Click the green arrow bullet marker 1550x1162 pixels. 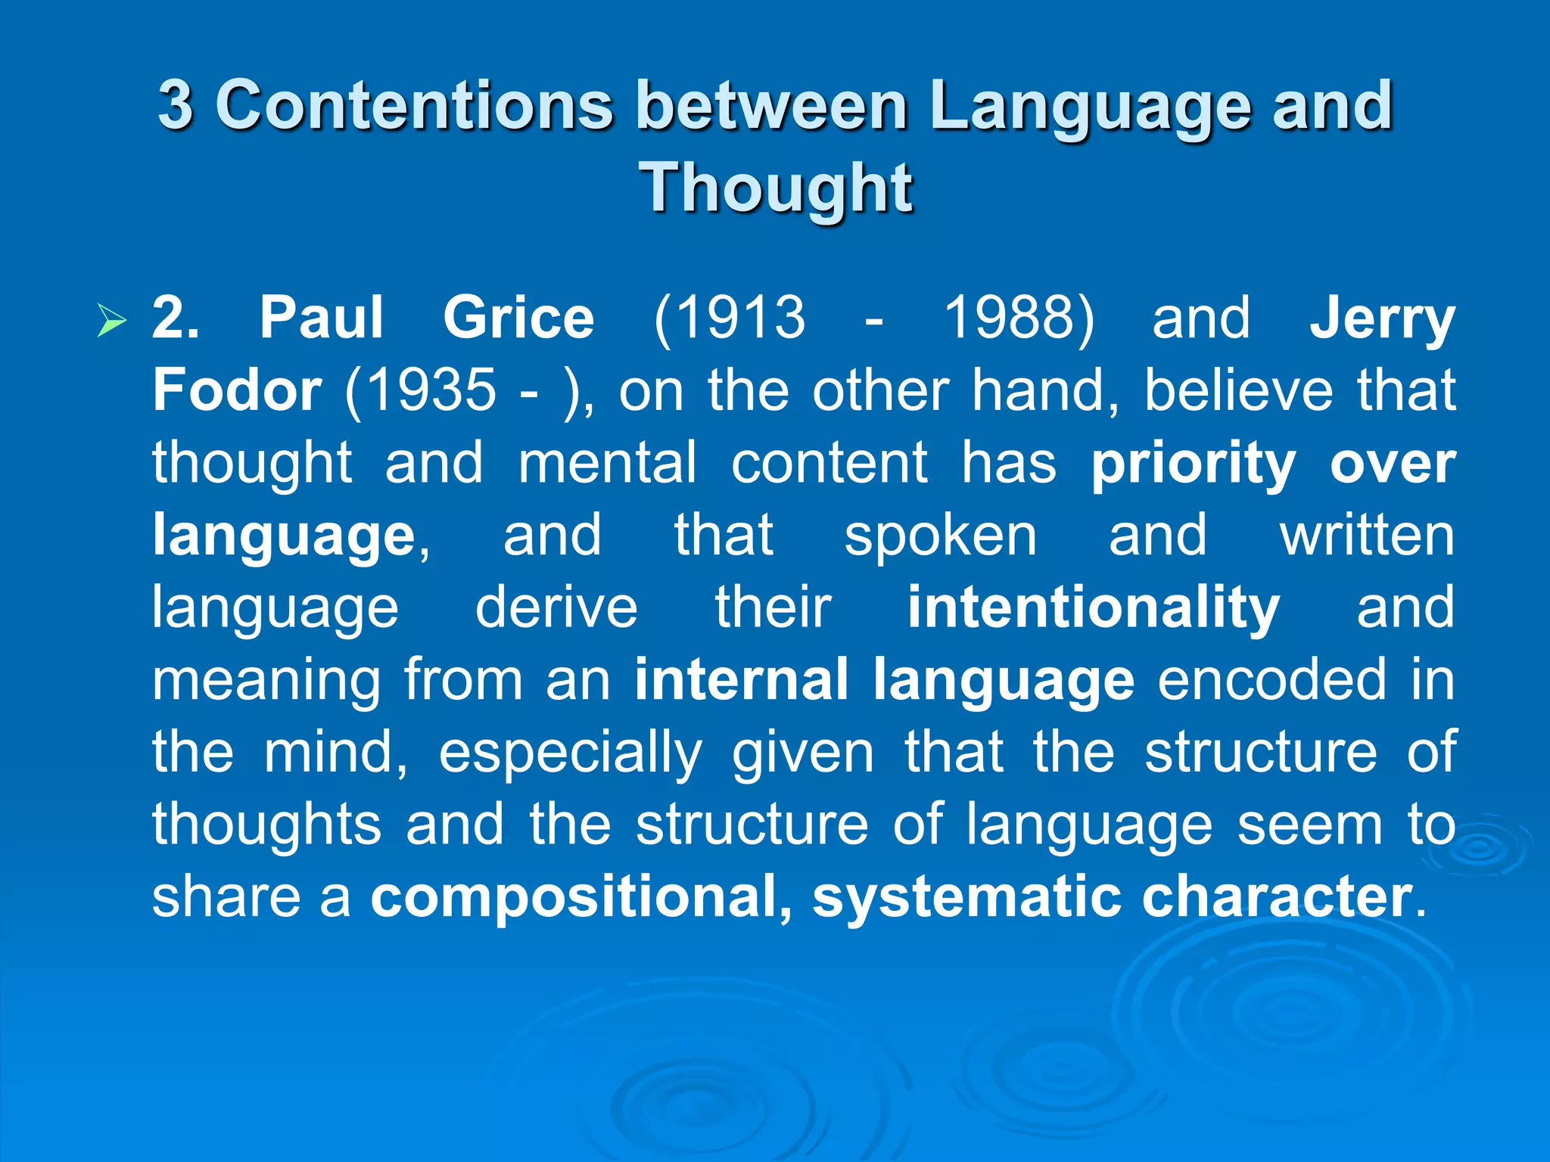pos(112,320)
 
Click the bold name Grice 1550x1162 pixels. pos(518,318)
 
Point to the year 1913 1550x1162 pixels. pos(730,318)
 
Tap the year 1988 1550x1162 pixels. pos(1019,318)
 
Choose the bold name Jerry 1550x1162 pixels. pos(1382,319)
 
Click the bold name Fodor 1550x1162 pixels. pos(237,390)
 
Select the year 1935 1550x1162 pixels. pos(421,390)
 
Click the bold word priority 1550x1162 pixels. pos(1194,463)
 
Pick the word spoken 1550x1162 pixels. pos(941,536)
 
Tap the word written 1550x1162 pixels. pos(1367,536)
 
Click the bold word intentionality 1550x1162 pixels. pos(1094,607)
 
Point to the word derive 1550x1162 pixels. pos(556,607)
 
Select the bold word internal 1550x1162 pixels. pos(742,679)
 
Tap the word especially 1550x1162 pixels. pos(571,753)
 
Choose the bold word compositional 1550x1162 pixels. pos(581,897)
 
